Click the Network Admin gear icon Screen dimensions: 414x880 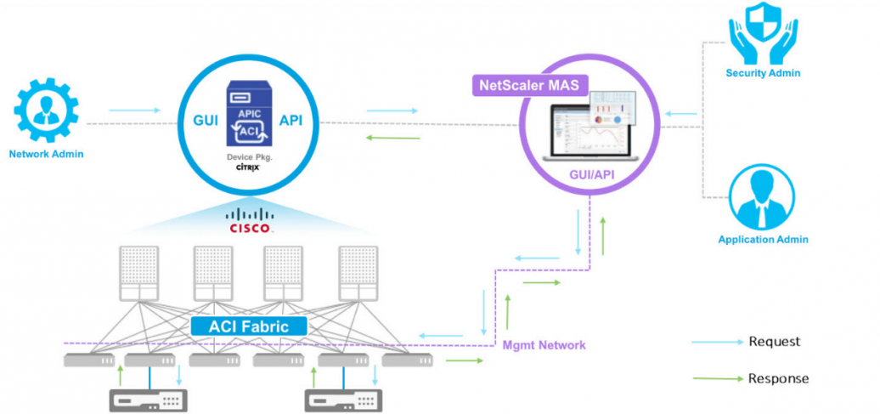click(x=47, y=111)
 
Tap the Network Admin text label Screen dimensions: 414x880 click(x=47, y=155)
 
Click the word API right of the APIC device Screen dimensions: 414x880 click(x=291, y=120)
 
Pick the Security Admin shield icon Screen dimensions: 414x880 click(x=763, y=32)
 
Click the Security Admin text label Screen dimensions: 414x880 click(x=763, y=73)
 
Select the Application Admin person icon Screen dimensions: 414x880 click(x=762, y=197)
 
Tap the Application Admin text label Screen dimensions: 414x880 click(x=763, y=240)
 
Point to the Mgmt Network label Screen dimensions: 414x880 click(x=544, y=345)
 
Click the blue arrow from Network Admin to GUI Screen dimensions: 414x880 click(x=134, y=110)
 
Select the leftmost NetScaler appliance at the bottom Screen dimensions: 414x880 click(x=149, y=399)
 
